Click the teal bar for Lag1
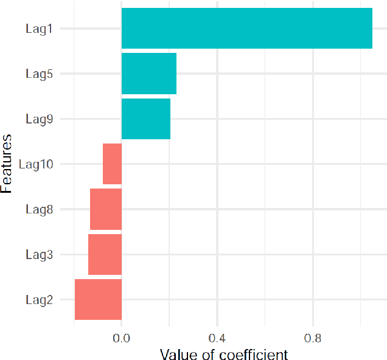pyautogui.click(x=246, y=28)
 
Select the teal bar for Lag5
pyautogui.click(x=149, y=74)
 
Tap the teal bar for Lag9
pyautogui.click(x=146, y=119)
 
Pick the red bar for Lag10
pyautogui.click(x=112, y=164)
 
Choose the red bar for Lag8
pyautogui.click(x=106, y=209)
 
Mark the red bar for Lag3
pyautogui.click(x=105, y=254)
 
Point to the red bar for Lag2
pyautogui.click(x=98, y=299)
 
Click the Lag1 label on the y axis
pyautogui.click(x=39, y=29)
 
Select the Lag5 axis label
pyautogui.click(x=39, y=74)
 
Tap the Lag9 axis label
pyautogui.click(x=39, y=119)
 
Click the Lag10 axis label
pyautogui.click(x=36, y=164)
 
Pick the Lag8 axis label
pyautogui.click(x=39, y=210)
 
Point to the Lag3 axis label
pyautogui.click(x=39, y=255)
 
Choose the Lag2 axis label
pyautogui.click(x=39, y=300)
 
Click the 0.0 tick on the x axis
pyautogui.click(x=122, y=336)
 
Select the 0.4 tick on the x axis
pyautogui.click(x=217, y=336)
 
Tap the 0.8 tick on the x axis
pyautogui.click(x=313, y=336)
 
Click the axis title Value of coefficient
pyautogui.click(x=223, y=353)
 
